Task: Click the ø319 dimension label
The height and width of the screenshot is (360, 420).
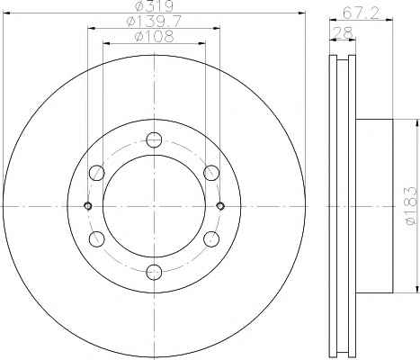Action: click(154, 6)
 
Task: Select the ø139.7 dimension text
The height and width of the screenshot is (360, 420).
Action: click(154, 22)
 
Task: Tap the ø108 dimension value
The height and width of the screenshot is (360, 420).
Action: click(154, 37)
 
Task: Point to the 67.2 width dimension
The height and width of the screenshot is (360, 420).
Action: click(361, 13)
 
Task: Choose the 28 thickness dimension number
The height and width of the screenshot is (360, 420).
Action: click(344, 32)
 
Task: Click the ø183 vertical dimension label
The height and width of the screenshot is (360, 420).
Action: click(410, 205)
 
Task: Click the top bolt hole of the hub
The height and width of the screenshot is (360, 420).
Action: click(154, 139)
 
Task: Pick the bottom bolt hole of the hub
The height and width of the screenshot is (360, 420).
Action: click(154, 272)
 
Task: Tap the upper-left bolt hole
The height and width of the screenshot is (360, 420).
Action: click(97, 173)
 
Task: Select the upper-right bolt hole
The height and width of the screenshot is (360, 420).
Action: click(211, 173)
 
